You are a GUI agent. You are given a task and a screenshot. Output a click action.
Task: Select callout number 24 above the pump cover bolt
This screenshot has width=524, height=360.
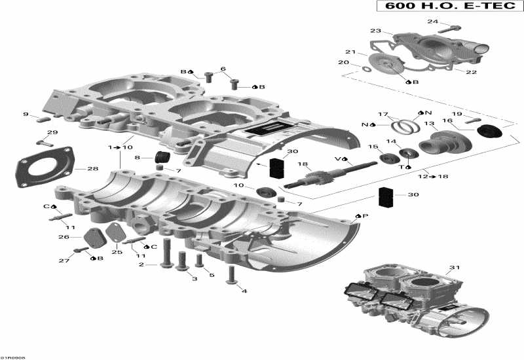(x=433, y=21)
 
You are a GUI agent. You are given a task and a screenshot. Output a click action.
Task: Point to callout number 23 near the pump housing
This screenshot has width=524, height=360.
(x=375, y=31)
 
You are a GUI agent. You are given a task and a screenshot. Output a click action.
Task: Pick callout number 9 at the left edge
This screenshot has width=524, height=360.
(x=26, y=115)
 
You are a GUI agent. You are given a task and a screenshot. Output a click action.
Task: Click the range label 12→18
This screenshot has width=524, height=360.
(x=432, y=177)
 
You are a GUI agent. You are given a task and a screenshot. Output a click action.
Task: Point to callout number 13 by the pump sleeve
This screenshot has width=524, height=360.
(x=429, y=124)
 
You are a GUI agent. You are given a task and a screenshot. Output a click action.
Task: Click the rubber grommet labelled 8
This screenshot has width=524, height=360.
(x=161, y=158)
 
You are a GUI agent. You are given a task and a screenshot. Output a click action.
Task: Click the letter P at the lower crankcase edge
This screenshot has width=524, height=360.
(x=365, y=215)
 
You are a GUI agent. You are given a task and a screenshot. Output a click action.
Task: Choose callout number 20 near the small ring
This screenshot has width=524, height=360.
(x=343, y=63)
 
